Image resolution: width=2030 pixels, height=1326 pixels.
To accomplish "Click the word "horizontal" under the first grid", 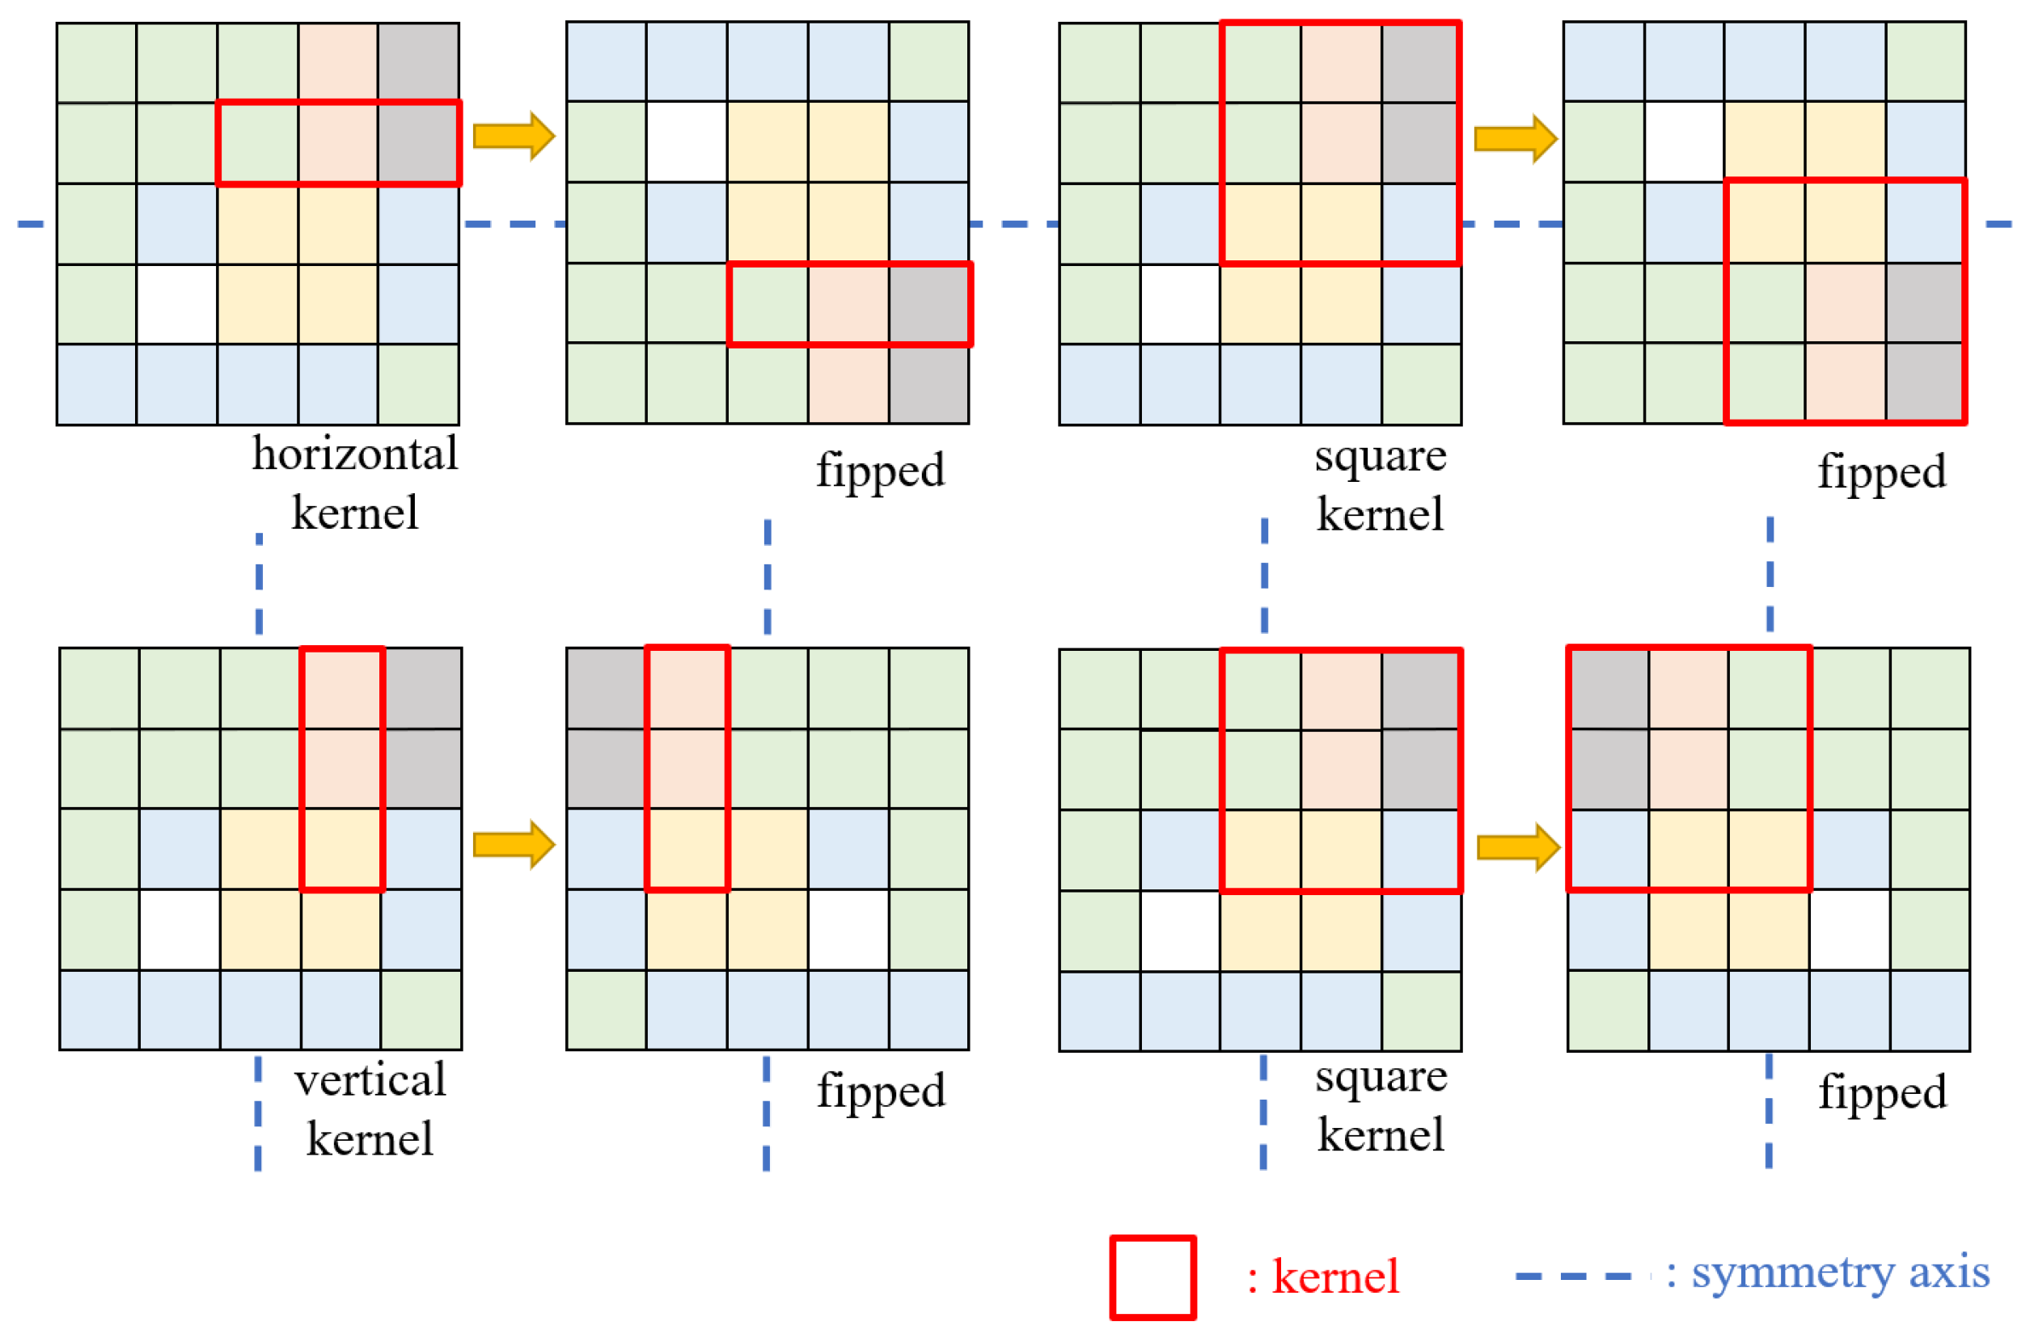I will click(355, 454).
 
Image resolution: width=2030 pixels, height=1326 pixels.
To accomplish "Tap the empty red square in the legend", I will click(1152, 1277).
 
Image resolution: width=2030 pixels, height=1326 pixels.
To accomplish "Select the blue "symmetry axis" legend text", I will click(1841, 1273).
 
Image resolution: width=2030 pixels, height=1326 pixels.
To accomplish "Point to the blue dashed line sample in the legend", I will click(1573, 1277).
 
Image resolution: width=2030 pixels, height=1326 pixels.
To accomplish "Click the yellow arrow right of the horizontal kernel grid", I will click(514, 136).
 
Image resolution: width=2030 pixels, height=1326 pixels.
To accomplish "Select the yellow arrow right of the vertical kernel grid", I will click(514, 845).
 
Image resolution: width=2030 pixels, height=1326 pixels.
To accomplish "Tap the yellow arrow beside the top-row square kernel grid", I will click(1515, 138).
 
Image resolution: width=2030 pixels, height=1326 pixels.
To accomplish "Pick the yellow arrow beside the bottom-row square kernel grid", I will click(1517, 847).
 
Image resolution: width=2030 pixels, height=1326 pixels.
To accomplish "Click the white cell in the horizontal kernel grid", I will click(176, 305).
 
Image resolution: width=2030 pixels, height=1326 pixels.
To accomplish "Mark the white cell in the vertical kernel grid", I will click(180, 930).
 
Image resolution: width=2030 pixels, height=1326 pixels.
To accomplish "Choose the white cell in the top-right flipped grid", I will click(1684, 142).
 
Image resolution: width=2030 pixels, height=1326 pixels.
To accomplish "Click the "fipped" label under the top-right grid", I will click(1881, 471).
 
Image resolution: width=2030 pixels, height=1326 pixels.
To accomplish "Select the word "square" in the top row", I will click(1380, 456).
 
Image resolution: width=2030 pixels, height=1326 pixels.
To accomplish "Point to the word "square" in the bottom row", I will click(1381, 1076).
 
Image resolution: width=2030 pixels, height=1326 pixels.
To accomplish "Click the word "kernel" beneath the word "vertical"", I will click(370, 1139).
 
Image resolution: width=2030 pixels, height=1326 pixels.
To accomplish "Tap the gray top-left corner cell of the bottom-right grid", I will click(1608, 689).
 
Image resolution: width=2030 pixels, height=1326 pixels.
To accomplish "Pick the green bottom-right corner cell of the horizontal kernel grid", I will click(419, 385).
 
